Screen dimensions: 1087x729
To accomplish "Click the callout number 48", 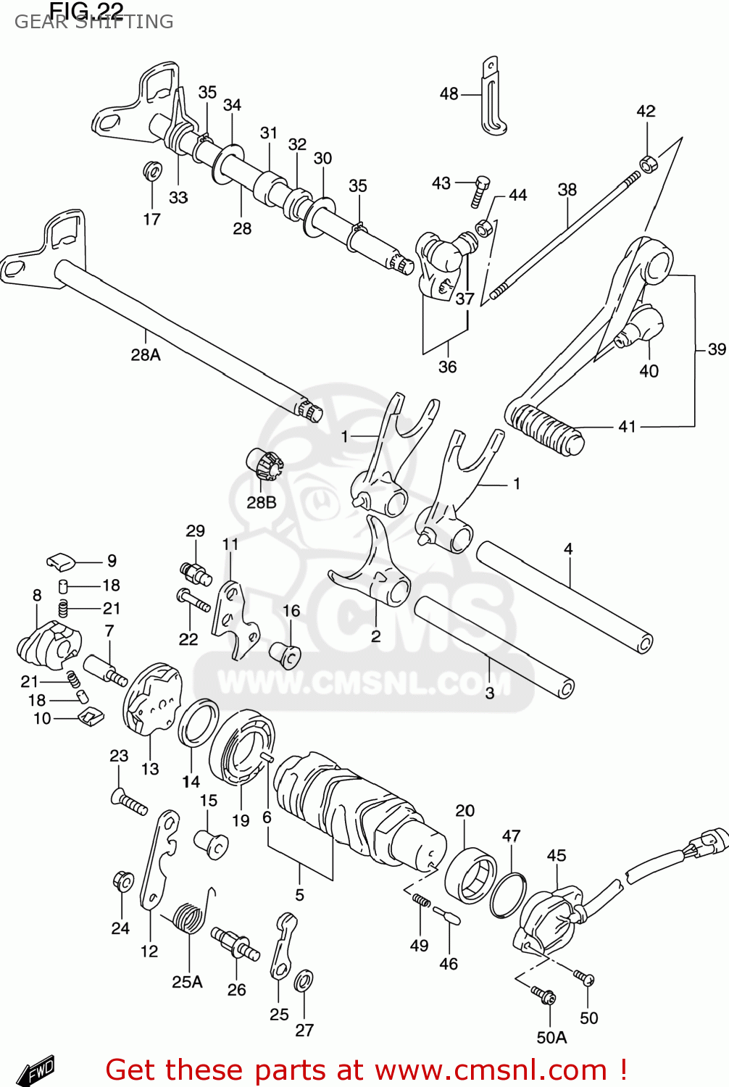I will coord(449,94).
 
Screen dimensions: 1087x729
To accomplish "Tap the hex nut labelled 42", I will coord(648,163).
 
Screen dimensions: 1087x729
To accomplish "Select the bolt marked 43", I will coord(480,191).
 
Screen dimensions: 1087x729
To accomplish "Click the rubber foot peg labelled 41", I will coord(545,429).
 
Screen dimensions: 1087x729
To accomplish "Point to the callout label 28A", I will coord(146,355).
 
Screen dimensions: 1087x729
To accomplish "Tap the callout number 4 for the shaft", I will coord(568,549).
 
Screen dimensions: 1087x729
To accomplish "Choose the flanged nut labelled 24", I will coord(123,882).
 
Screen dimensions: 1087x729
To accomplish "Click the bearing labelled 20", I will coord(470,875).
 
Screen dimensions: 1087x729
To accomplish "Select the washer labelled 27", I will coord(304,982).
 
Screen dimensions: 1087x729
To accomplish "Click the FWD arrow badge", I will coord(36,1070).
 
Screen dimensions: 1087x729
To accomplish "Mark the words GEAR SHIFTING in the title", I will coord(94,22).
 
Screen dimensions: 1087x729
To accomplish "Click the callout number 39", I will coord(716,350).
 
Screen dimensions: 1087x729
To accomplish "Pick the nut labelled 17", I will coord(152,172).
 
